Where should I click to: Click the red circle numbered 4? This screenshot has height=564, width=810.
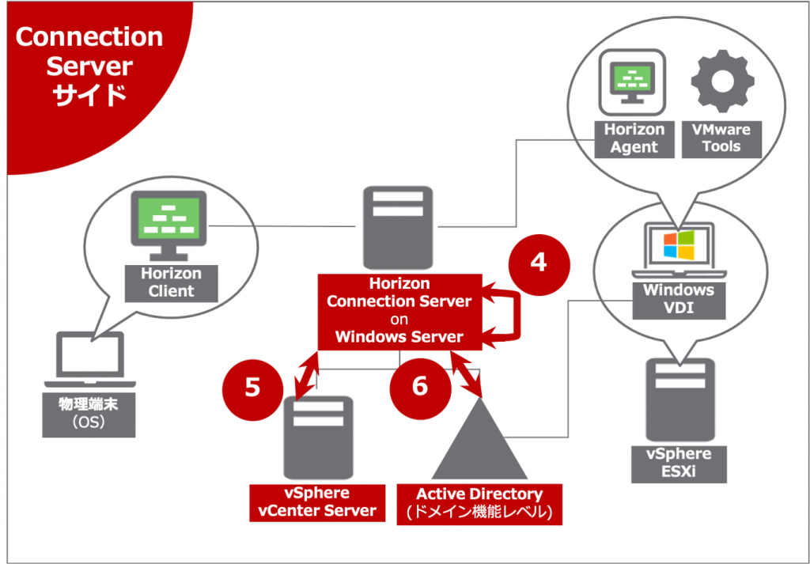coord(538,262)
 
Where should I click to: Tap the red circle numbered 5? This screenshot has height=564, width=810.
coord(252,386)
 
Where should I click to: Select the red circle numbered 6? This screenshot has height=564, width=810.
coord(420,386)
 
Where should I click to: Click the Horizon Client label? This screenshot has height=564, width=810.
coord(171,282)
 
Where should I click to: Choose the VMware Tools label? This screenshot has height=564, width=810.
coord(721,138)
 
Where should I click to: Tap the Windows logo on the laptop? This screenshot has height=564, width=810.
coord(678,246)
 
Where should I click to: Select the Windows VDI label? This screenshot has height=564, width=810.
coord(678,299)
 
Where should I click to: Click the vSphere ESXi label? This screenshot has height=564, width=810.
coord(679,464)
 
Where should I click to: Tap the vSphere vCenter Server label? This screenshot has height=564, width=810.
coord(317,502)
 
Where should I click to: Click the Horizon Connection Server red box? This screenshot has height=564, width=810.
coord(399,310)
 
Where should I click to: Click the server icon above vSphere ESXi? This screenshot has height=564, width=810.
coord(679,400)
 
